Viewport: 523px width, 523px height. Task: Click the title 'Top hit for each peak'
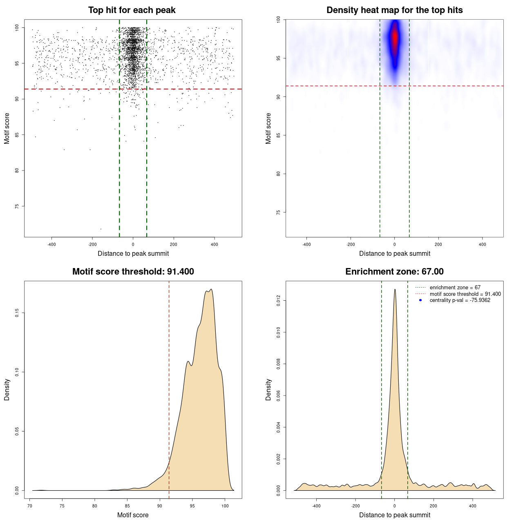coord(132,10)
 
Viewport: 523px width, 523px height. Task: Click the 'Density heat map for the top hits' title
coord(394,10)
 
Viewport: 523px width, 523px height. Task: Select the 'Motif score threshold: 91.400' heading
coord(133,272)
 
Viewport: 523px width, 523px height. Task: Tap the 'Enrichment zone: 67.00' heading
coord(394,272)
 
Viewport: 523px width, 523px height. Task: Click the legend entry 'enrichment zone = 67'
coord(455,288)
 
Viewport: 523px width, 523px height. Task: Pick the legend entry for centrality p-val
coord(460,300)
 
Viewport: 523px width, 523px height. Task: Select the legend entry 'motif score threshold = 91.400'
coord(465,294)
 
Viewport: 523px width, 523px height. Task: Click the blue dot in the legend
coord(420,300)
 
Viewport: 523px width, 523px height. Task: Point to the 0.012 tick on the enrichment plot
coord(279,301)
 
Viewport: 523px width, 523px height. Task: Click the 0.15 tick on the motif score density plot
coord(17,313)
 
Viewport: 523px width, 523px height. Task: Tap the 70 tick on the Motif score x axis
coord(30,506)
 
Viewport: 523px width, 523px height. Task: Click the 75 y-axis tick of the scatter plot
coord(17,206)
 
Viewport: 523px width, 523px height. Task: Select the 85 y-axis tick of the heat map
coord(279,135)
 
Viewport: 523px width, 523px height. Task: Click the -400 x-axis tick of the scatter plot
coord(51,244)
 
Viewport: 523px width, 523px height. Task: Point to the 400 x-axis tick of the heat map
coord(483,244)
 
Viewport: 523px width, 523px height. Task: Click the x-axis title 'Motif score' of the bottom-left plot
coord(133,515)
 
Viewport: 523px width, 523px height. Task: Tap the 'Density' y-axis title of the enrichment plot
coord(268,390)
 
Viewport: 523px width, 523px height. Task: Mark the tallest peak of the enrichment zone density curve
coord(395,289)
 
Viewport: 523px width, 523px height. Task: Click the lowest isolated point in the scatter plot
coord(101,229)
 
